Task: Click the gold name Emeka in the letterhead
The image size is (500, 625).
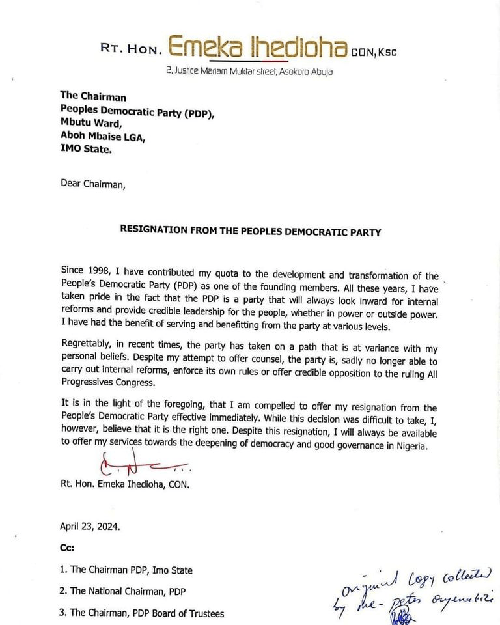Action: point(204,47)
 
